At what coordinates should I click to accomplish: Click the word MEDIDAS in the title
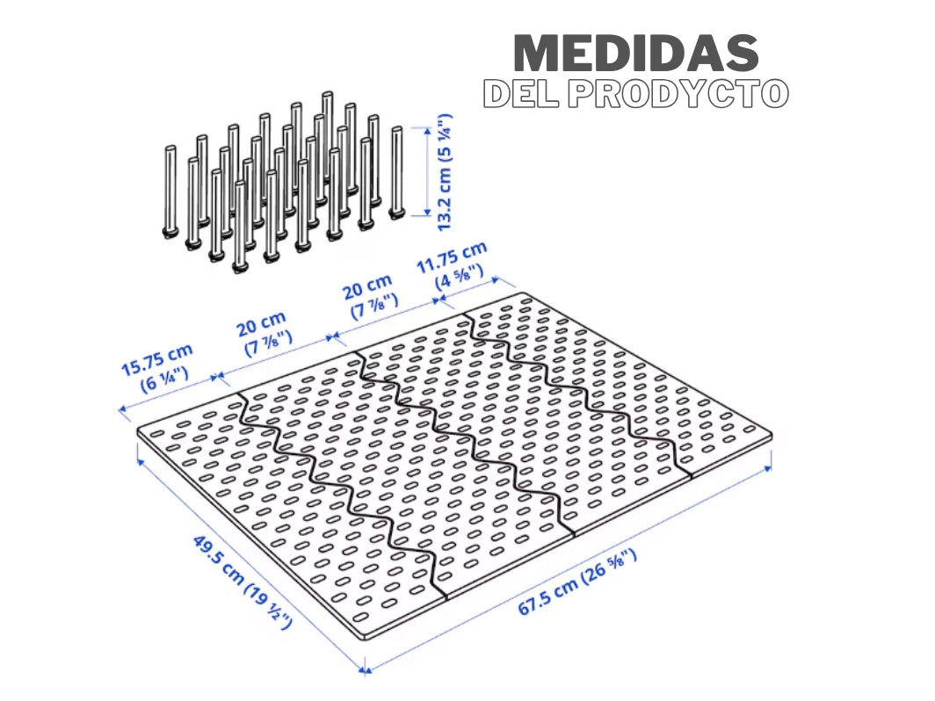tap(635, 54)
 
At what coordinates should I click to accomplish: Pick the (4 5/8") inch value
tap(460, 278)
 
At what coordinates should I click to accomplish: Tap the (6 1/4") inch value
tap(167, 381)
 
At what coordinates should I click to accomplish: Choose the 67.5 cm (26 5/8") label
tap(577, 582)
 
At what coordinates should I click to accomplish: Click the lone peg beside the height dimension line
tap(396, 171)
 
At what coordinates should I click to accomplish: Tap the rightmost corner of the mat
tap(771, 434)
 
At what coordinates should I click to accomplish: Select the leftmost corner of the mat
tap(140, 433)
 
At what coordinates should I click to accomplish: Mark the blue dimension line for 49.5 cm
tap(250, 562)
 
